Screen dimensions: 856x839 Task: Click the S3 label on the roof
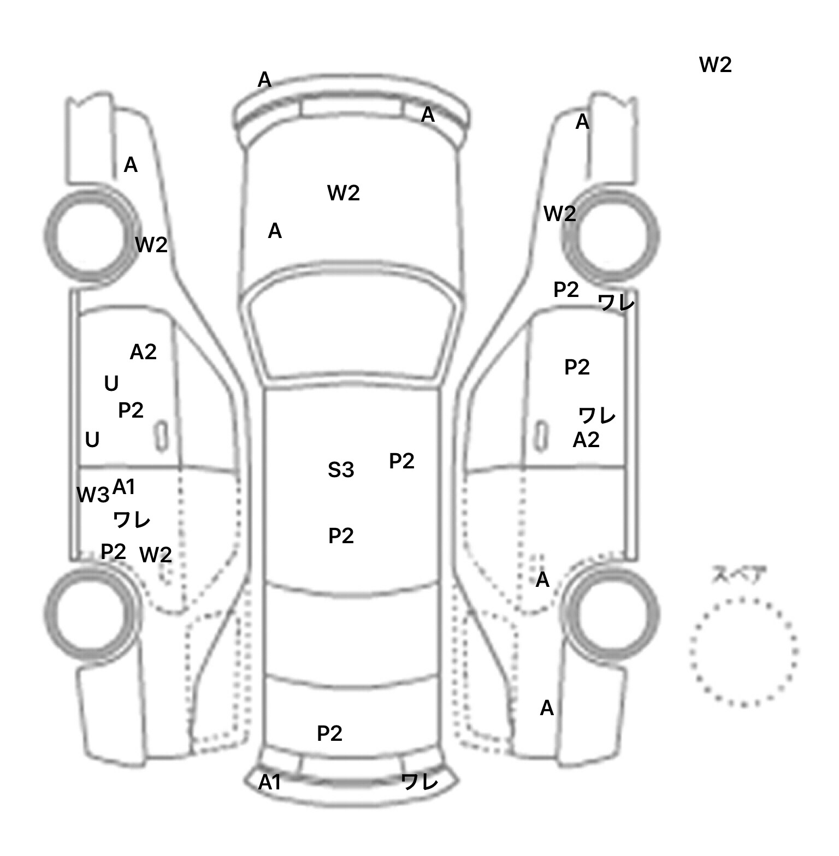341,470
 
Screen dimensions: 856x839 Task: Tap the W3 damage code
92,495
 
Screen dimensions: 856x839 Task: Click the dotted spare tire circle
743,651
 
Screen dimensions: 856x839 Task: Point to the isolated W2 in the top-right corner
715,65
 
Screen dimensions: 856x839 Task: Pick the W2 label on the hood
343,193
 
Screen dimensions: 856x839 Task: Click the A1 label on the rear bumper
269,782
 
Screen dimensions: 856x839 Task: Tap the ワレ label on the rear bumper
419,782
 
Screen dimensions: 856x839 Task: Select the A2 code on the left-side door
143,352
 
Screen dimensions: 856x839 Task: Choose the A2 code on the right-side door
586,439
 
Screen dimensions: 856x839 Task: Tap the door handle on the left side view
162,436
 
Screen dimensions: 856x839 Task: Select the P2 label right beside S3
401,461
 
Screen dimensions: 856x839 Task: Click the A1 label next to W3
123,487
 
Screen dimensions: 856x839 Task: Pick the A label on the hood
275,231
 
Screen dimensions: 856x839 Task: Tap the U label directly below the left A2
111,384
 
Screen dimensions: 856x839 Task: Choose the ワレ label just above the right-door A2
597,416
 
